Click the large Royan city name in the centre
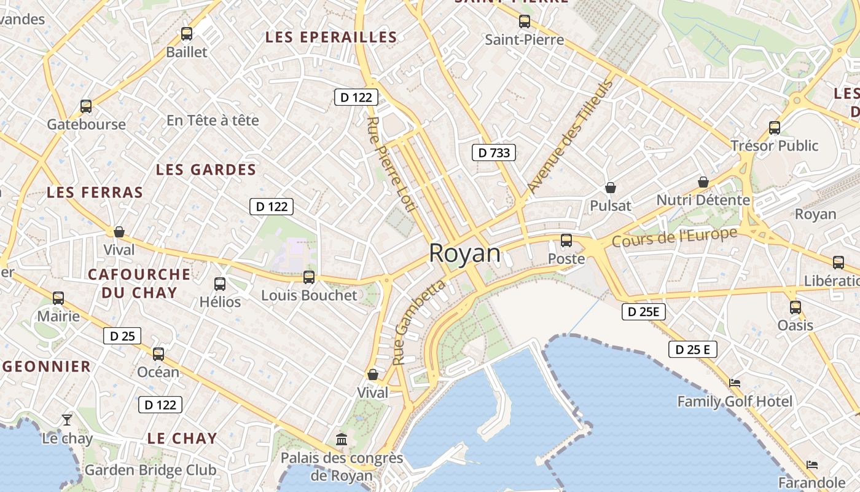(464, 253)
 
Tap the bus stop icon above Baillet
(187, 34)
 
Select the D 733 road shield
(493, 153)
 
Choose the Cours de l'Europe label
(674, 237)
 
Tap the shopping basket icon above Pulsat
(611, 188)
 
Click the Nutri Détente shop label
(703, 200)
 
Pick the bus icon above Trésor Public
(775, 128)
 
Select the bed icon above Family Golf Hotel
(735, 383)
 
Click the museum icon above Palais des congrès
(342, 440)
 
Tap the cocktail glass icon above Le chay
(67, 420)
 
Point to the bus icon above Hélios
(220, 284)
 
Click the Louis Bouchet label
(309, 295)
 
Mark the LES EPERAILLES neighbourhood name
(331, 37)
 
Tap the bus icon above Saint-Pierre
(525, 22)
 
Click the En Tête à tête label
(213, 121)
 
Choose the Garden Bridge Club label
(150, 470)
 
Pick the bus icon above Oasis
(795, 307)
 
